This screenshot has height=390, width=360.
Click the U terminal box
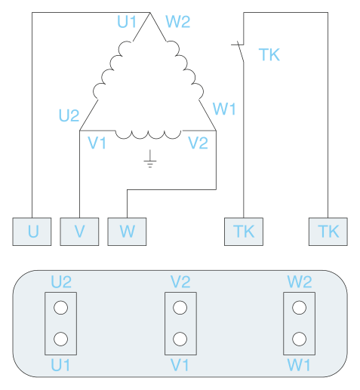click(x=32, y=232)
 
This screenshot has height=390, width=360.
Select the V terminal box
click(x=79, y=232)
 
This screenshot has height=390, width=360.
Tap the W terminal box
click(x=127, y=232)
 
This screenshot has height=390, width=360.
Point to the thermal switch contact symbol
click(x=239, y=51)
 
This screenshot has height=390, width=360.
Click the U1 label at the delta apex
click(x=127, y=22)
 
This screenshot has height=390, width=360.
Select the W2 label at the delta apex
click(x=177, y=22)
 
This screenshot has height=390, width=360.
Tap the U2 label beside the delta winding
click(x=69, y=115)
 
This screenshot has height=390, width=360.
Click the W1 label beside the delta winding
click(x=224, y=109)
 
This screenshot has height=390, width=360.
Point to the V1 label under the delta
click(x=97, y=143)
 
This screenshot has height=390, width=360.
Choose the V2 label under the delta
click(x=198, y=143)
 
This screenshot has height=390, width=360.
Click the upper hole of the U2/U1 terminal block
click(x=60, y=308)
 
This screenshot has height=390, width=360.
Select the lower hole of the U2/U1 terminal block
click(x=60, y=339)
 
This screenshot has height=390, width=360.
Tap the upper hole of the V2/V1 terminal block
click(x=180, y=308)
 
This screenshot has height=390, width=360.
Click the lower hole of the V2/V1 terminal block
click(x=180, y=339)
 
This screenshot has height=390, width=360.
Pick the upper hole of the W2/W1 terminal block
click(x=300, y=308)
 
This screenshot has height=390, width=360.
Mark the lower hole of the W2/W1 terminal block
click(x=300, y=339)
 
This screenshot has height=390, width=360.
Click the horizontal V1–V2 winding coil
click(x=148, y=134)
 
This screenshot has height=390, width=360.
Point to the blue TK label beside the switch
click(x=269, y=54)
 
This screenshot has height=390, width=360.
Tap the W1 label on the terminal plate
click(x=299, y=365)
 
